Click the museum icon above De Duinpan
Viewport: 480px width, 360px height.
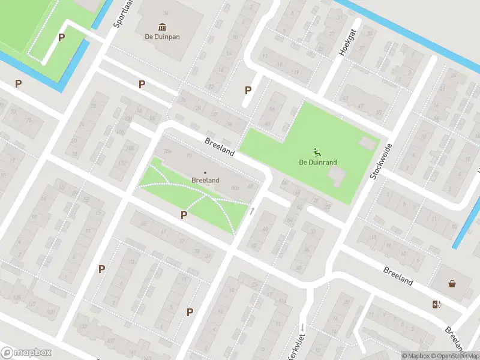pyautogui.click(x=162, y=27)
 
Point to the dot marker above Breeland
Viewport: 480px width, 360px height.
pyautogui.click(x=205, y=173)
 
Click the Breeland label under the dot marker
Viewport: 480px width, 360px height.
pyautogui.click(x=205, y=180)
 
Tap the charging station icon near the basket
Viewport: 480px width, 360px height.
pyautogui.click(x=436, y=304)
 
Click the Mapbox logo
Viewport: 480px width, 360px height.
pyautogui.click(x=26, y=353)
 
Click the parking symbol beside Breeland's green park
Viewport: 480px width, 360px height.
pyautogui.click(x=184, y=215)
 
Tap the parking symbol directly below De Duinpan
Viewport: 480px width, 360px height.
pyautogui.click(x=142, y=85)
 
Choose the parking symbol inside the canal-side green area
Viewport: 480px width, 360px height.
pyautogui.click(x=61, y=37)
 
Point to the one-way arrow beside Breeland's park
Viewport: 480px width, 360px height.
pyautogui.click(x=253, y=211)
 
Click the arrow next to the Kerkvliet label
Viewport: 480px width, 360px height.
pyautogui.click(x=304, y=328)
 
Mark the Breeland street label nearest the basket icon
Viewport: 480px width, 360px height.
pyautogui.click(x=398, y=275)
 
